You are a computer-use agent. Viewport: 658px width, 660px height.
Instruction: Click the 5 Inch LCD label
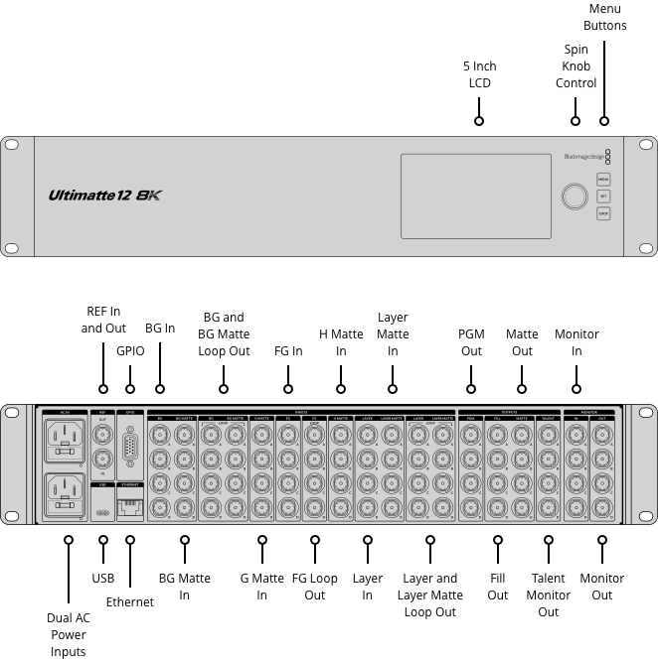point(479,74)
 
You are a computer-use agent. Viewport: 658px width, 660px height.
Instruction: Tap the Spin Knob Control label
point(576,66)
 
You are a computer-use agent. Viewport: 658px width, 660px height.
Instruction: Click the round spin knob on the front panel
point(574,196)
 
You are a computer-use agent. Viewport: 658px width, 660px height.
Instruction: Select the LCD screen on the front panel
point(475,196)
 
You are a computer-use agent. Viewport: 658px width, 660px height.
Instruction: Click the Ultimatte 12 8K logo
point(103,196)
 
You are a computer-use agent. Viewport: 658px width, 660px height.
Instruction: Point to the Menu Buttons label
point(604,17)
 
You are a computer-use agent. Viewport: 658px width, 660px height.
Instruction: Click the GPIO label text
point(130,350)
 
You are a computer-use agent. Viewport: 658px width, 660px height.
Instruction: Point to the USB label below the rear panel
point(103,578)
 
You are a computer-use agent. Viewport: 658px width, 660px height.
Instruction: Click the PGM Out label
point(471,342)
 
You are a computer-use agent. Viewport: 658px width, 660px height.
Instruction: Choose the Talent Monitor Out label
point(549,594)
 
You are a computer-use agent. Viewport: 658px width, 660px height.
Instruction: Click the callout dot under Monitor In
point(576,388)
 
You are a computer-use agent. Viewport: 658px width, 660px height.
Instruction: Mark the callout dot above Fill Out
point(498,540)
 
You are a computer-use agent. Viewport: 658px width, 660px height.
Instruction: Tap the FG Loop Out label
point(314,587)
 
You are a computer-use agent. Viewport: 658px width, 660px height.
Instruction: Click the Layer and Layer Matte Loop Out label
point(430,594)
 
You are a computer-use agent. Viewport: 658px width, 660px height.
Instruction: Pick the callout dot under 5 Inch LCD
point(479,120)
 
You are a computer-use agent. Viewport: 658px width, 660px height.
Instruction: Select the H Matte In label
point(341,342)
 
